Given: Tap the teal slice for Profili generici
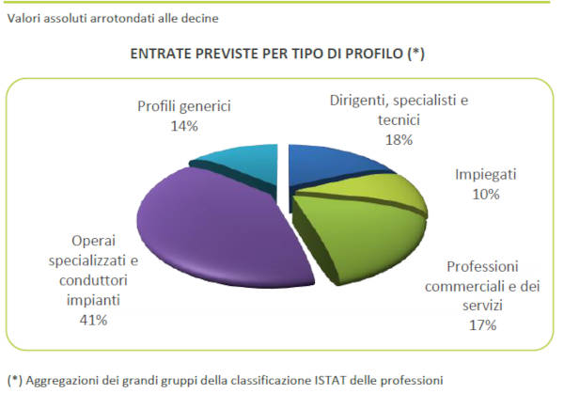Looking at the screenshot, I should click(x=240, y=160).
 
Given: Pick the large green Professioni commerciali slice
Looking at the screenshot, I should click(x=357, y=240).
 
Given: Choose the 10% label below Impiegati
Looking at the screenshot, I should click(x=486, y=195).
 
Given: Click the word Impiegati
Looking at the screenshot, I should click(x=487, y=176).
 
